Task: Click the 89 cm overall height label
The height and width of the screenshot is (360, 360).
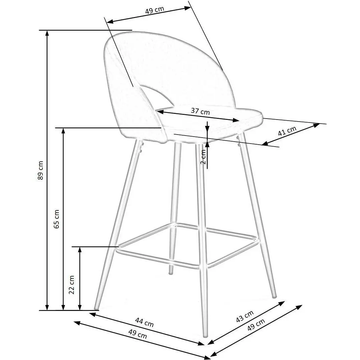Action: [x=41, y=170]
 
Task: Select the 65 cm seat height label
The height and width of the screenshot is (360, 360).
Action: [x=56, y=219]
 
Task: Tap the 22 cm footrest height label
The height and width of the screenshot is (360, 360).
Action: [x=72, y=285]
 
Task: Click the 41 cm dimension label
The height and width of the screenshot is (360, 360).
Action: [x=287, y=131]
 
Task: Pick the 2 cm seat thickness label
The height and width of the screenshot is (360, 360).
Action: [x=203, y=157]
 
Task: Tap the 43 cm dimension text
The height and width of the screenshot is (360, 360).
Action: [x=245, y=316]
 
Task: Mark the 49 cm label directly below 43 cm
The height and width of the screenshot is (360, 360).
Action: [x=256, y=324]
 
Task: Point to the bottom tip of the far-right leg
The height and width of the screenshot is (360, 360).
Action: [x=275, y=297]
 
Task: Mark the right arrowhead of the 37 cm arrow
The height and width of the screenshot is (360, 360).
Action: [x=236, y=120]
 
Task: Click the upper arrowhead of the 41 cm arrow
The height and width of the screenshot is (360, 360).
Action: [x=317, y=125]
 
